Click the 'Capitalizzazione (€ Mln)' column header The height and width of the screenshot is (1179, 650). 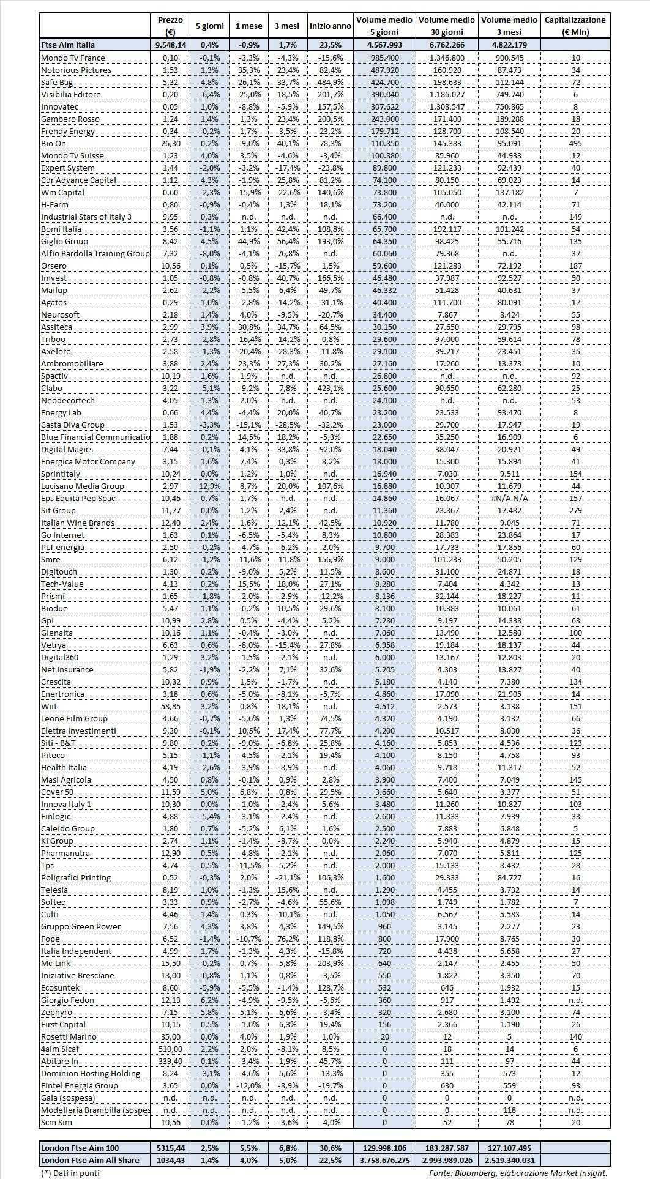click(x=575, y=26)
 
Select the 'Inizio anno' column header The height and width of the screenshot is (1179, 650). click(x=330, y=26)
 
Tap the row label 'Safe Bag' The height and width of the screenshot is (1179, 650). click(x=57, y=82)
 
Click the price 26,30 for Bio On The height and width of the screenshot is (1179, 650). click(x=170, y=143)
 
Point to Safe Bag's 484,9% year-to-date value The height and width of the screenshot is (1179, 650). click(x=330, y=82)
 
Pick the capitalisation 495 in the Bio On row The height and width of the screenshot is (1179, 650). click(x=575, y=143)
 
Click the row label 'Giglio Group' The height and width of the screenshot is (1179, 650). click(x=64, y=241)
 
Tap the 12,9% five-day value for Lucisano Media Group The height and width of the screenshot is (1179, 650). click(x=209, y=486)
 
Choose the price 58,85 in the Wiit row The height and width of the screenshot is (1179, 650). click(x=170, y=706)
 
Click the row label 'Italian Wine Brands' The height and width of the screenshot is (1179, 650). click(x=78, y=523)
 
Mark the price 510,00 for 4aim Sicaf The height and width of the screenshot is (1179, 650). click(x=170, y=1049)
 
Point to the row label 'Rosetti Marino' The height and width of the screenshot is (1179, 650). click(x=69, y=1036)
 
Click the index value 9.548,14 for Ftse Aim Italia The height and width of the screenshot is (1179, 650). click(x=170, y=45)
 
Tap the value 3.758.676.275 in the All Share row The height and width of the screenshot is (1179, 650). click(x=384, y=1160)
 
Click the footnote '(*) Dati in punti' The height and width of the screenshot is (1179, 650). click(x=70, y=1172)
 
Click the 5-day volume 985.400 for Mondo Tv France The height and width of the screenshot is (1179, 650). click(x=384, y=58)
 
